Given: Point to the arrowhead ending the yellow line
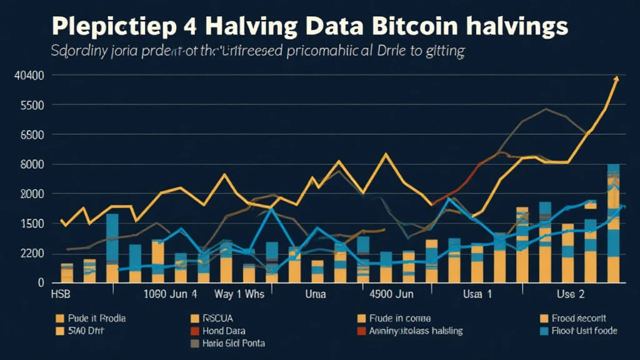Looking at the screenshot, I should pos(616,79).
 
